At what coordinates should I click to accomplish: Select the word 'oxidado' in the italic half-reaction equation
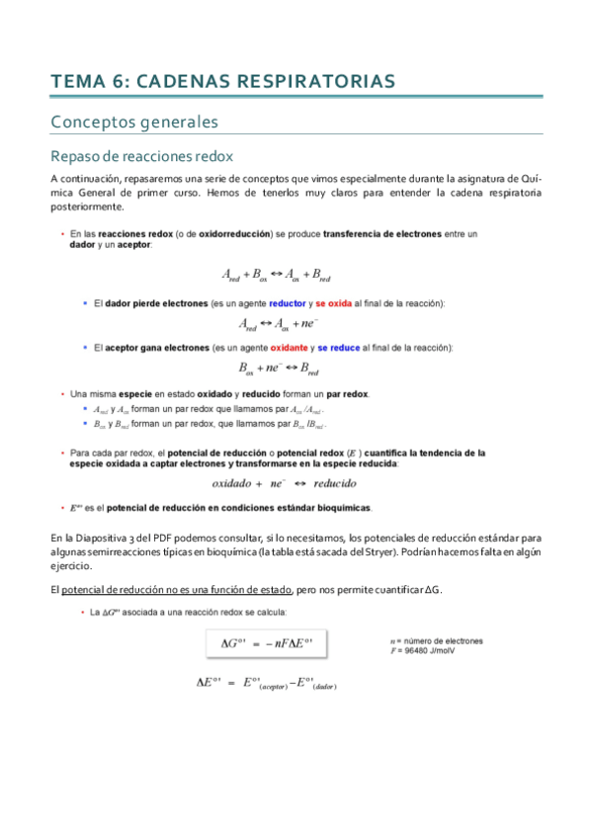pos(236,483)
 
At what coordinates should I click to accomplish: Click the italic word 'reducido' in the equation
pos(335,483)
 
